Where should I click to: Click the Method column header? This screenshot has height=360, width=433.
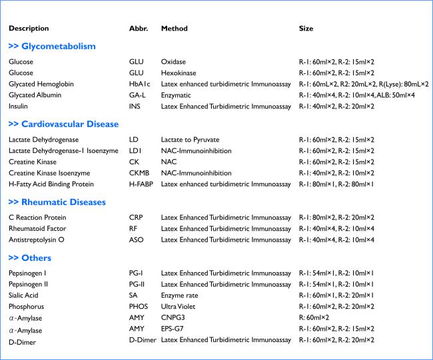[174, 29]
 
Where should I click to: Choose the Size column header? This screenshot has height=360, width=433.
[306, 29]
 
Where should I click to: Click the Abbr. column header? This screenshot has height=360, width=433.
[138, 29]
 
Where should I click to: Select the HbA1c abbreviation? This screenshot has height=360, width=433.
[139, 85]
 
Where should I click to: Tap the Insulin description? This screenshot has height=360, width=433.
[19, 106]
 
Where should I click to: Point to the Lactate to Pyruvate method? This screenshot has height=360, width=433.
[190, 140]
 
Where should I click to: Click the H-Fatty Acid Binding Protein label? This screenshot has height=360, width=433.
[51, 184]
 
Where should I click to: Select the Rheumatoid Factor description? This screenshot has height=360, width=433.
[35, 228]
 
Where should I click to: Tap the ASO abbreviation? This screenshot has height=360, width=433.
[136, 240]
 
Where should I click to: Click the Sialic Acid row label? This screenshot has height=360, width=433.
[24, 295]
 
